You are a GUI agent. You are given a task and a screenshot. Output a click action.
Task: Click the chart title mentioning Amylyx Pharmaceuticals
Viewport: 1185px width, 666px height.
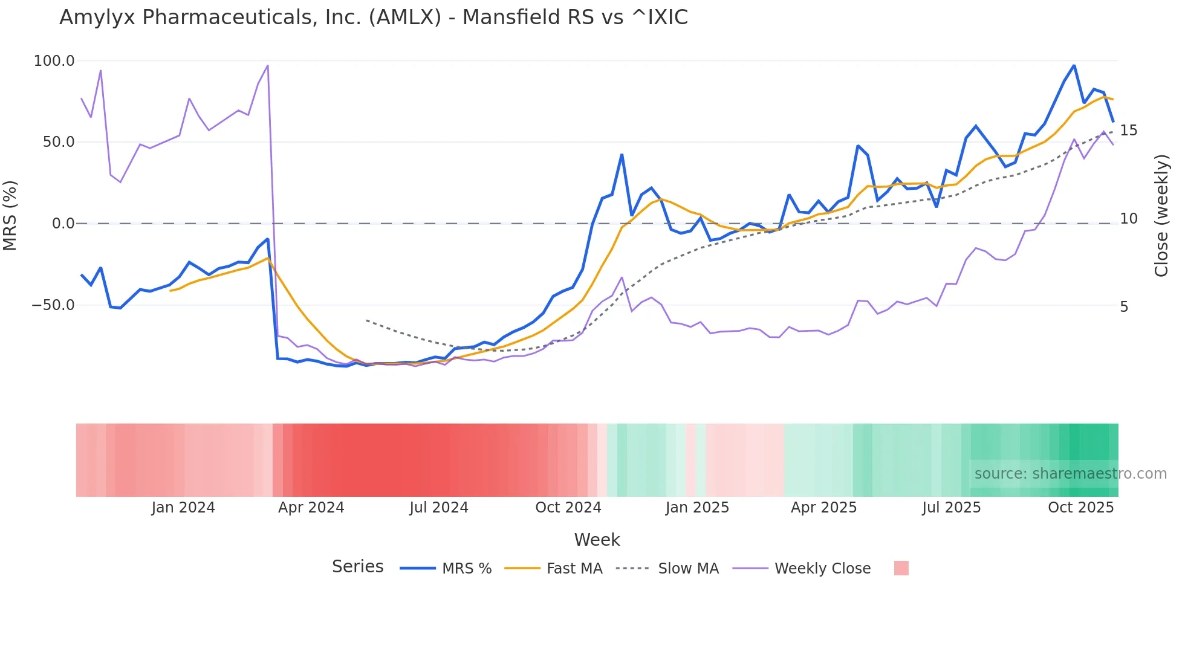373,18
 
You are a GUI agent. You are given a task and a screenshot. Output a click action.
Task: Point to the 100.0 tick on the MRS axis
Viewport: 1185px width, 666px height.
54,61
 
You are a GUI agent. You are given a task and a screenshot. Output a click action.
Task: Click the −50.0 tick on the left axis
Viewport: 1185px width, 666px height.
53,305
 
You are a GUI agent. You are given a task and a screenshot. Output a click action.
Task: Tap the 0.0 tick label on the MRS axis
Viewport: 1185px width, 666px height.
63,224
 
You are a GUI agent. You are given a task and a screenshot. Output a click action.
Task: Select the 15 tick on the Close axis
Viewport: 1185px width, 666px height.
1128,131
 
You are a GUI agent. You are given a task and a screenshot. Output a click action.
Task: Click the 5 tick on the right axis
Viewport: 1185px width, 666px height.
1124,307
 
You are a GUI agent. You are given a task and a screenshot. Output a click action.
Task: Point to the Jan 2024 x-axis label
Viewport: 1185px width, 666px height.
183,508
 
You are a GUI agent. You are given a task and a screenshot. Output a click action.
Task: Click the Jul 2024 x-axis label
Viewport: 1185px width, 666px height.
438,508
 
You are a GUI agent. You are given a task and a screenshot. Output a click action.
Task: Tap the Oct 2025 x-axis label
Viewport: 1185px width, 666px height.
1080,508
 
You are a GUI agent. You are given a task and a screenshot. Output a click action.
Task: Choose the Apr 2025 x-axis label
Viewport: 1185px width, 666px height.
823,508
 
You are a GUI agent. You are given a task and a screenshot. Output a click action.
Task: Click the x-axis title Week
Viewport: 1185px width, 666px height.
597,540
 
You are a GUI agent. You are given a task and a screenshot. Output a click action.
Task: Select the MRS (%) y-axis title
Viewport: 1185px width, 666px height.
10,215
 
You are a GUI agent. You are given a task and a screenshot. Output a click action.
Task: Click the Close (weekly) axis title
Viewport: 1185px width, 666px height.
1161,216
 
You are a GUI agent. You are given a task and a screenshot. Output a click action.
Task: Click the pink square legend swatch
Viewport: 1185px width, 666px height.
901,568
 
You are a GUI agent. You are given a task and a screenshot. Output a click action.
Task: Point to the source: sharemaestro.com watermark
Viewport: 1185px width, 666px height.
1070,474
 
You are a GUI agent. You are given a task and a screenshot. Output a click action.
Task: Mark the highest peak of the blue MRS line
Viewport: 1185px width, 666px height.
1074,65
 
